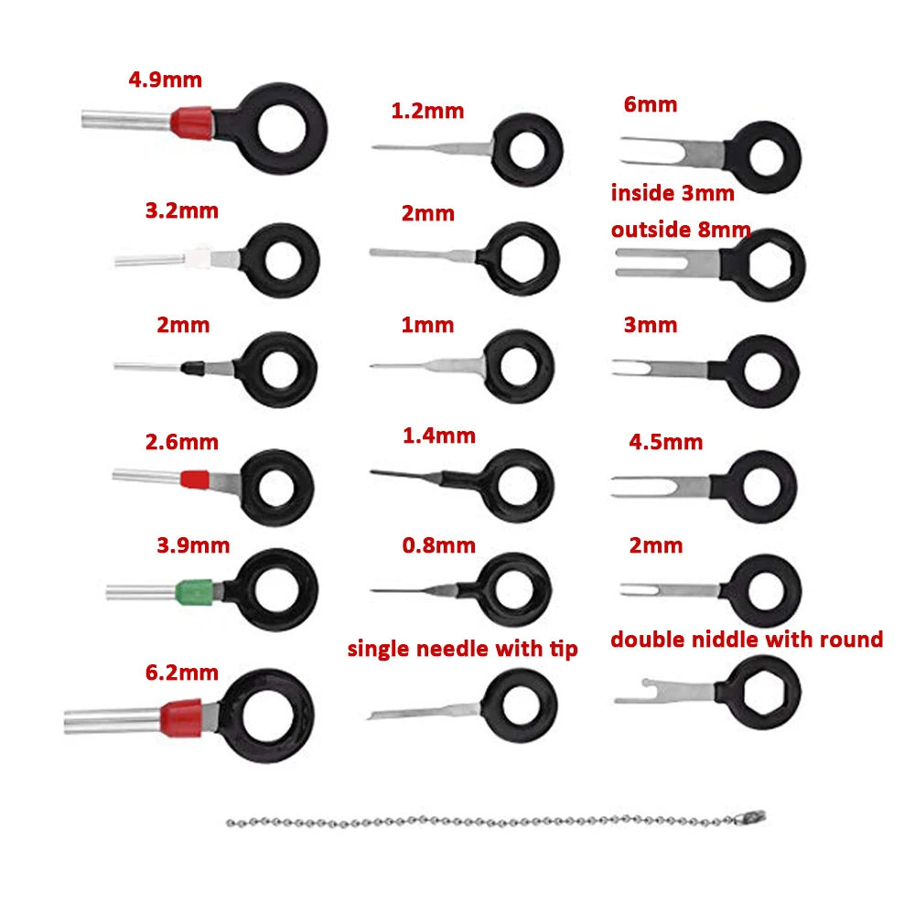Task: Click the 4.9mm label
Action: (x=165, y=79)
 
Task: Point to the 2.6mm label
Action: (x=181, y=443)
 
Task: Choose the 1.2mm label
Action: (x=427, y=112)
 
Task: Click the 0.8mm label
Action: (x=438, y=545)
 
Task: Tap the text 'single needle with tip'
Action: (x=462, y=650)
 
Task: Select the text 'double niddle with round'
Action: (x=747, y=639)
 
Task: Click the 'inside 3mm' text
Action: (x=673, y=193)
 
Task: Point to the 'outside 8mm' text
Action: (x=681, y=229)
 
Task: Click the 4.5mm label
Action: (x=665, y=443)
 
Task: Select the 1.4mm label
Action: (x=438, y=436)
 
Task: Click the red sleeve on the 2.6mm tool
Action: (x=195, y=479)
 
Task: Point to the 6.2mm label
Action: (x=181, y=673)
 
